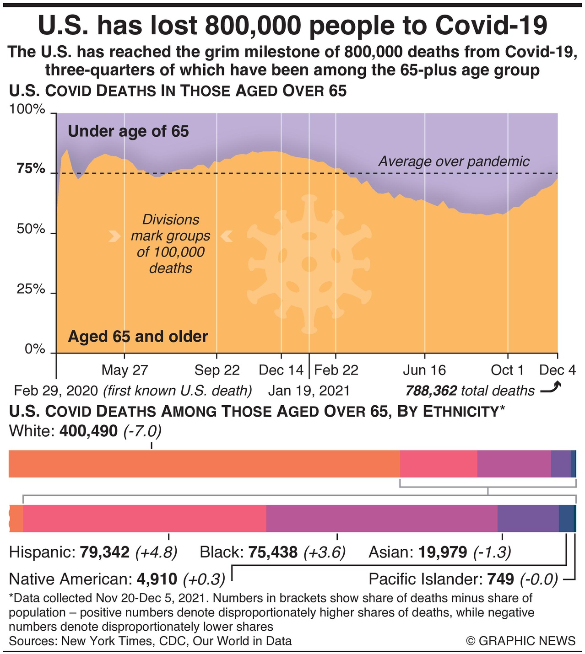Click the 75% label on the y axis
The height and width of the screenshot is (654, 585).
point(31,169)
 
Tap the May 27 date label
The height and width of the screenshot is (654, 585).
point(125,370)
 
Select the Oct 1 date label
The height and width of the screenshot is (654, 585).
point(507,370)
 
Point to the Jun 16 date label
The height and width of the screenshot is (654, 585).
point(424,370)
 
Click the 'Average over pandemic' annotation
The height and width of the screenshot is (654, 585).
point(454,161)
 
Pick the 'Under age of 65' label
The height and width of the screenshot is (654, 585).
point(128,132)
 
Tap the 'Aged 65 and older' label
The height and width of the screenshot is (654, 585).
point(138,337)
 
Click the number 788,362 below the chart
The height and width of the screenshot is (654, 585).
point(431,391)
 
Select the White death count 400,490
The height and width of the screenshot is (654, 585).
point(88,431)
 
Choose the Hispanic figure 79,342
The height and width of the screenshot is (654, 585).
point(105,552)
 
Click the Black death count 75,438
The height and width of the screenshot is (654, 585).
point(273,552)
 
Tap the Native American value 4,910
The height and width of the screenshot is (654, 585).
point(157,579)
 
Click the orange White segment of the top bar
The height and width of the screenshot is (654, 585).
point(204,464)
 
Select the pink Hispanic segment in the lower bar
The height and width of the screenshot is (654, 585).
point(144,518)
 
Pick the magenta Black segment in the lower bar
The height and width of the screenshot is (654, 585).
point(381,518)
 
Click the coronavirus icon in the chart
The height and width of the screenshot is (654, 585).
point(309,263)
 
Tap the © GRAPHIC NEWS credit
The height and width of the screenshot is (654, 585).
point(521,641)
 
